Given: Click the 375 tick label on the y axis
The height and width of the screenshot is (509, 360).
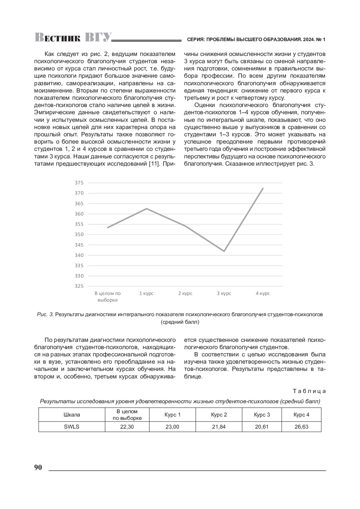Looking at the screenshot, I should pyautogui.click(x=79, y=183).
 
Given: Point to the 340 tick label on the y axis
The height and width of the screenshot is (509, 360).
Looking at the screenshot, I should pyautogui.click(x=79, y=255).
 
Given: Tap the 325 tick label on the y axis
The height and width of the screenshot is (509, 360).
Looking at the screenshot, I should pyautogui.click(x=79, y=286).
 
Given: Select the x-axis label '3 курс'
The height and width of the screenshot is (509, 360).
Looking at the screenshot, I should pyautogui.click(x=224, y=293).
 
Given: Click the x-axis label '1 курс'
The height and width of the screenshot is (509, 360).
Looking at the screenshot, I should pyautogui.click(x=146, y=293).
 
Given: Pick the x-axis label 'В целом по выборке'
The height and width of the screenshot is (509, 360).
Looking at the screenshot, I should pyautogui.click(x=108, y=297).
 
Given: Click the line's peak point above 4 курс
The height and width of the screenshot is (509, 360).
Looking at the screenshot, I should pyautogui.click(x=263, y=188).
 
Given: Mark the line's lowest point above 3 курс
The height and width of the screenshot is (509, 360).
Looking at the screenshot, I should pyautogui.click(x=224, y=251).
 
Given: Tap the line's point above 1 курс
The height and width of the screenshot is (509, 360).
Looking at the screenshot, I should pyautogui.click(x=146, y=208).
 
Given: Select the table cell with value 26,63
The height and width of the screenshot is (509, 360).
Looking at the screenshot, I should pyautogui.click(x=301, y=427).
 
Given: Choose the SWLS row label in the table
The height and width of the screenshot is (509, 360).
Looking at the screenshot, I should pyautogui.click(x=72, y=427).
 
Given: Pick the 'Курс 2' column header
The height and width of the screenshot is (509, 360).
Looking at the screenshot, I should pyautogui.click(x=219, y=415).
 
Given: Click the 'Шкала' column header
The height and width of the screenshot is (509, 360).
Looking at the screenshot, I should pyautogui.click(x=72, y=415).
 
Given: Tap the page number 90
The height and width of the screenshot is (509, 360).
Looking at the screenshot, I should pyautogui.click(x=38, y=468).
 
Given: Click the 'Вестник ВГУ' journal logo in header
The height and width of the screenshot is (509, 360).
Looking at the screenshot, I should pyautogui.click(x=73, y=37).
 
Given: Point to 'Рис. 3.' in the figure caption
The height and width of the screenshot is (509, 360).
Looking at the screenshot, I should pyautogui.click(x=45, y=315).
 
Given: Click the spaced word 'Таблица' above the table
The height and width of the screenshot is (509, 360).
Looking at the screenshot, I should pyautogui.click(x=309, y=391).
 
